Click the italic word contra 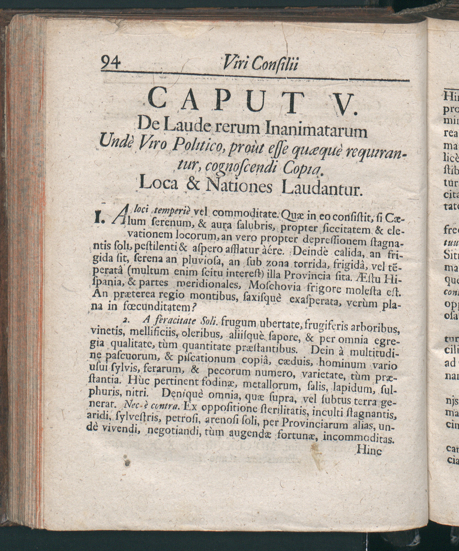point(165,406)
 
